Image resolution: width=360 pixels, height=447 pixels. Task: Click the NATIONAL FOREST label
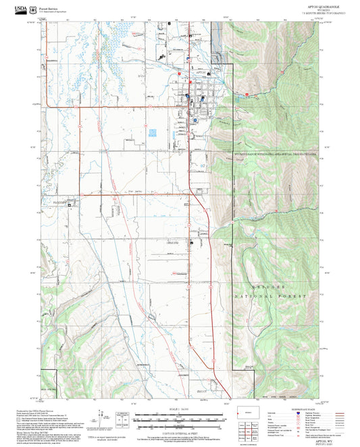click(270, 296)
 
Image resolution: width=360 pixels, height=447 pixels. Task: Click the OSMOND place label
click(173, 242)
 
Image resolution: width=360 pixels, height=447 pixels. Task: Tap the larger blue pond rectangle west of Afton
click(153, 133)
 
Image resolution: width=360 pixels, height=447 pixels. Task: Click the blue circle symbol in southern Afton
click(196, 120)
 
